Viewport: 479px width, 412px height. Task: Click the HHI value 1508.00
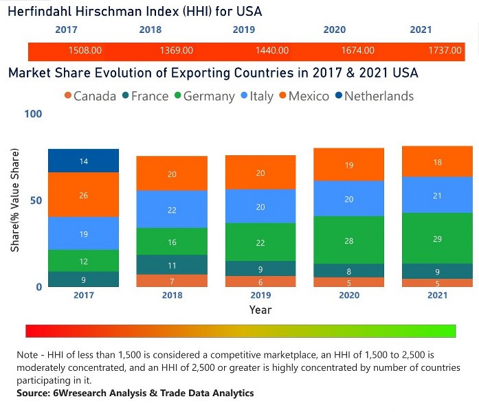coord(85,51)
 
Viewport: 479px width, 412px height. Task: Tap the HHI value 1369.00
coord(176,51)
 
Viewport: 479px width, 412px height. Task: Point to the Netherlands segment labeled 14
coord(84,161)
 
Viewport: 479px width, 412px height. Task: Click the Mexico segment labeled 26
coord(84,195)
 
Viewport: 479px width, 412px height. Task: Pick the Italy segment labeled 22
coord(172,210)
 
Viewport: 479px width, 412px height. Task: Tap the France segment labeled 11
coord(172,265)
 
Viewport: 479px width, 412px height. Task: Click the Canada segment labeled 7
coord(172,281)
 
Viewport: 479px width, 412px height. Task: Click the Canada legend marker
coord(67,96)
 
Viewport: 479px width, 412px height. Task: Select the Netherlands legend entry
coord(379,96)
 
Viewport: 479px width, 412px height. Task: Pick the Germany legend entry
coord(205,96)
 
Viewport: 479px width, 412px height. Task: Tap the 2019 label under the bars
coord(260,296)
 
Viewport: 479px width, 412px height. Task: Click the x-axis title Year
coord(260,310)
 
